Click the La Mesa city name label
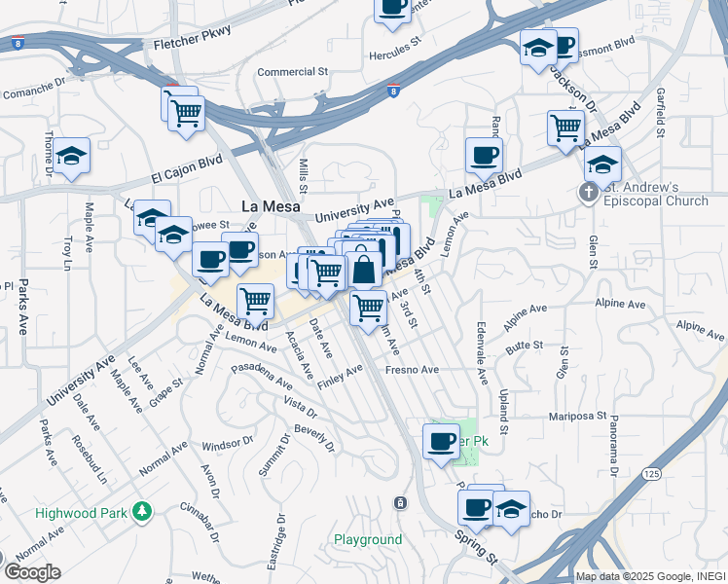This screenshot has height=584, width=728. pos(271,206)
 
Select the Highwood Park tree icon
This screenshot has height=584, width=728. pos(142,510)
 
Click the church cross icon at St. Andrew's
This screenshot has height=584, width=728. pos(589,193)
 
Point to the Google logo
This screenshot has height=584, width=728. pos(32,572)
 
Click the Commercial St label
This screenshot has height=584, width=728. pos(294,72)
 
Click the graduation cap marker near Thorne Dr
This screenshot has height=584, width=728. pos(71,157)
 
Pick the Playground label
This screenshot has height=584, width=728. pos(368,539)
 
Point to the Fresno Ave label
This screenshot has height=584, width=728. pos(413,370)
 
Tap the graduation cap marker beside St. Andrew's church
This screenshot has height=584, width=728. pos(602,163)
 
